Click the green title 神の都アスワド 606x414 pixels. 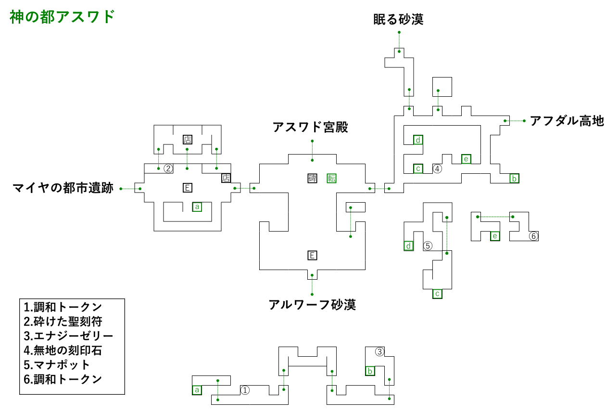coord(62,17)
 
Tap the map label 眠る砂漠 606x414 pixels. coord(398,20)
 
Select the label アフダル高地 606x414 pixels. coord(566,121)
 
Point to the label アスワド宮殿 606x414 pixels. coord(310,128)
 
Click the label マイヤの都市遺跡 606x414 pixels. coord(63,188)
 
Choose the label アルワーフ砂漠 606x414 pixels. coord(312,305)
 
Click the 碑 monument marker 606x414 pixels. coord(312,178)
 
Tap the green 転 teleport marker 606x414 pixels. coord(331,178)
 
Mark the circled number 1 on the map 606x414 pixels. coord(245,390)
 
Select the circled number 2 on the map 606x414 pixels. coord(168,168)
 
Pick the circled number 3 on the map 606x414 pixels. coord(379,352)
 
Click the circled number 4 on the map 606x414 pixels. coord(437,168)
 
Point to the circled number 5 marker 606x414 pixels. coord(428,246)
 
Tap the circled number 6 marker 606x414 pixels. coord(533,236)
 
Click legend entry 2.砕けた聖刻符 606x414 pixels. coord(63,321)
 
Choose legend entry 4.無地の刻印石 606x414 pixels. coord(63,350)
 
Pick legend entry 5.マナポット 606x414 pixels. coord(57,364)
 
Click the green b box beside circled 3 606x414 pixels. coord(370,371)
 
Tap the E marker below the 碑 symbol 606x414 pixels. coord(312,255)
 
